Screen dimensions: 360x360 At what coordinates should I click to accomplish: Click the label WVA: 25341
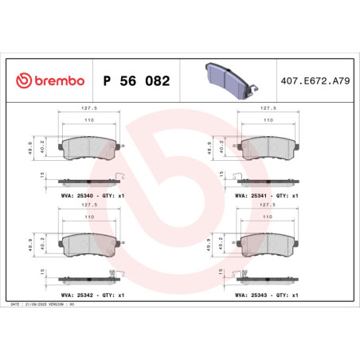click(251, 194)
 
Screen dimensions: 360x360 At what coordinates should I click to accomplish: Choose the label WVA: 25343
click(251, 295)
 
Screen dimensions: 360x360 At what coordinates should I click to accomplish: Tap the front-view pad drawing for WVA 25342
click(89, 247)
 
